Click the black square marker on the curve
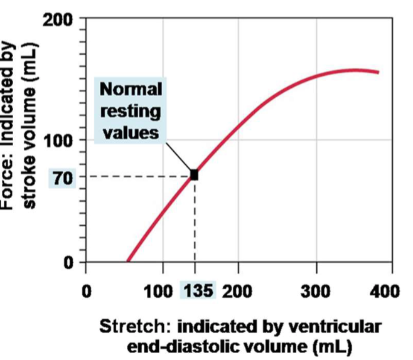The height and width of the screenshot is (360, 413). (x=194, y=175)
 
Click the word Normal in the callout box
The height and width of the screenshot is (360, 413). (x=131, y=89)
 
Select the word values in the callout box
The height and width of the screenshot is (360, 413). (x=131, y=134)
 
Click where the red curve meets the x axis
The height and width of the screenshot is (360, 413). (x=128, y=262)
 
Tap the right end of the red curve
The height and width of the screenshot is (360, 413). (x=378, y=72)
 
